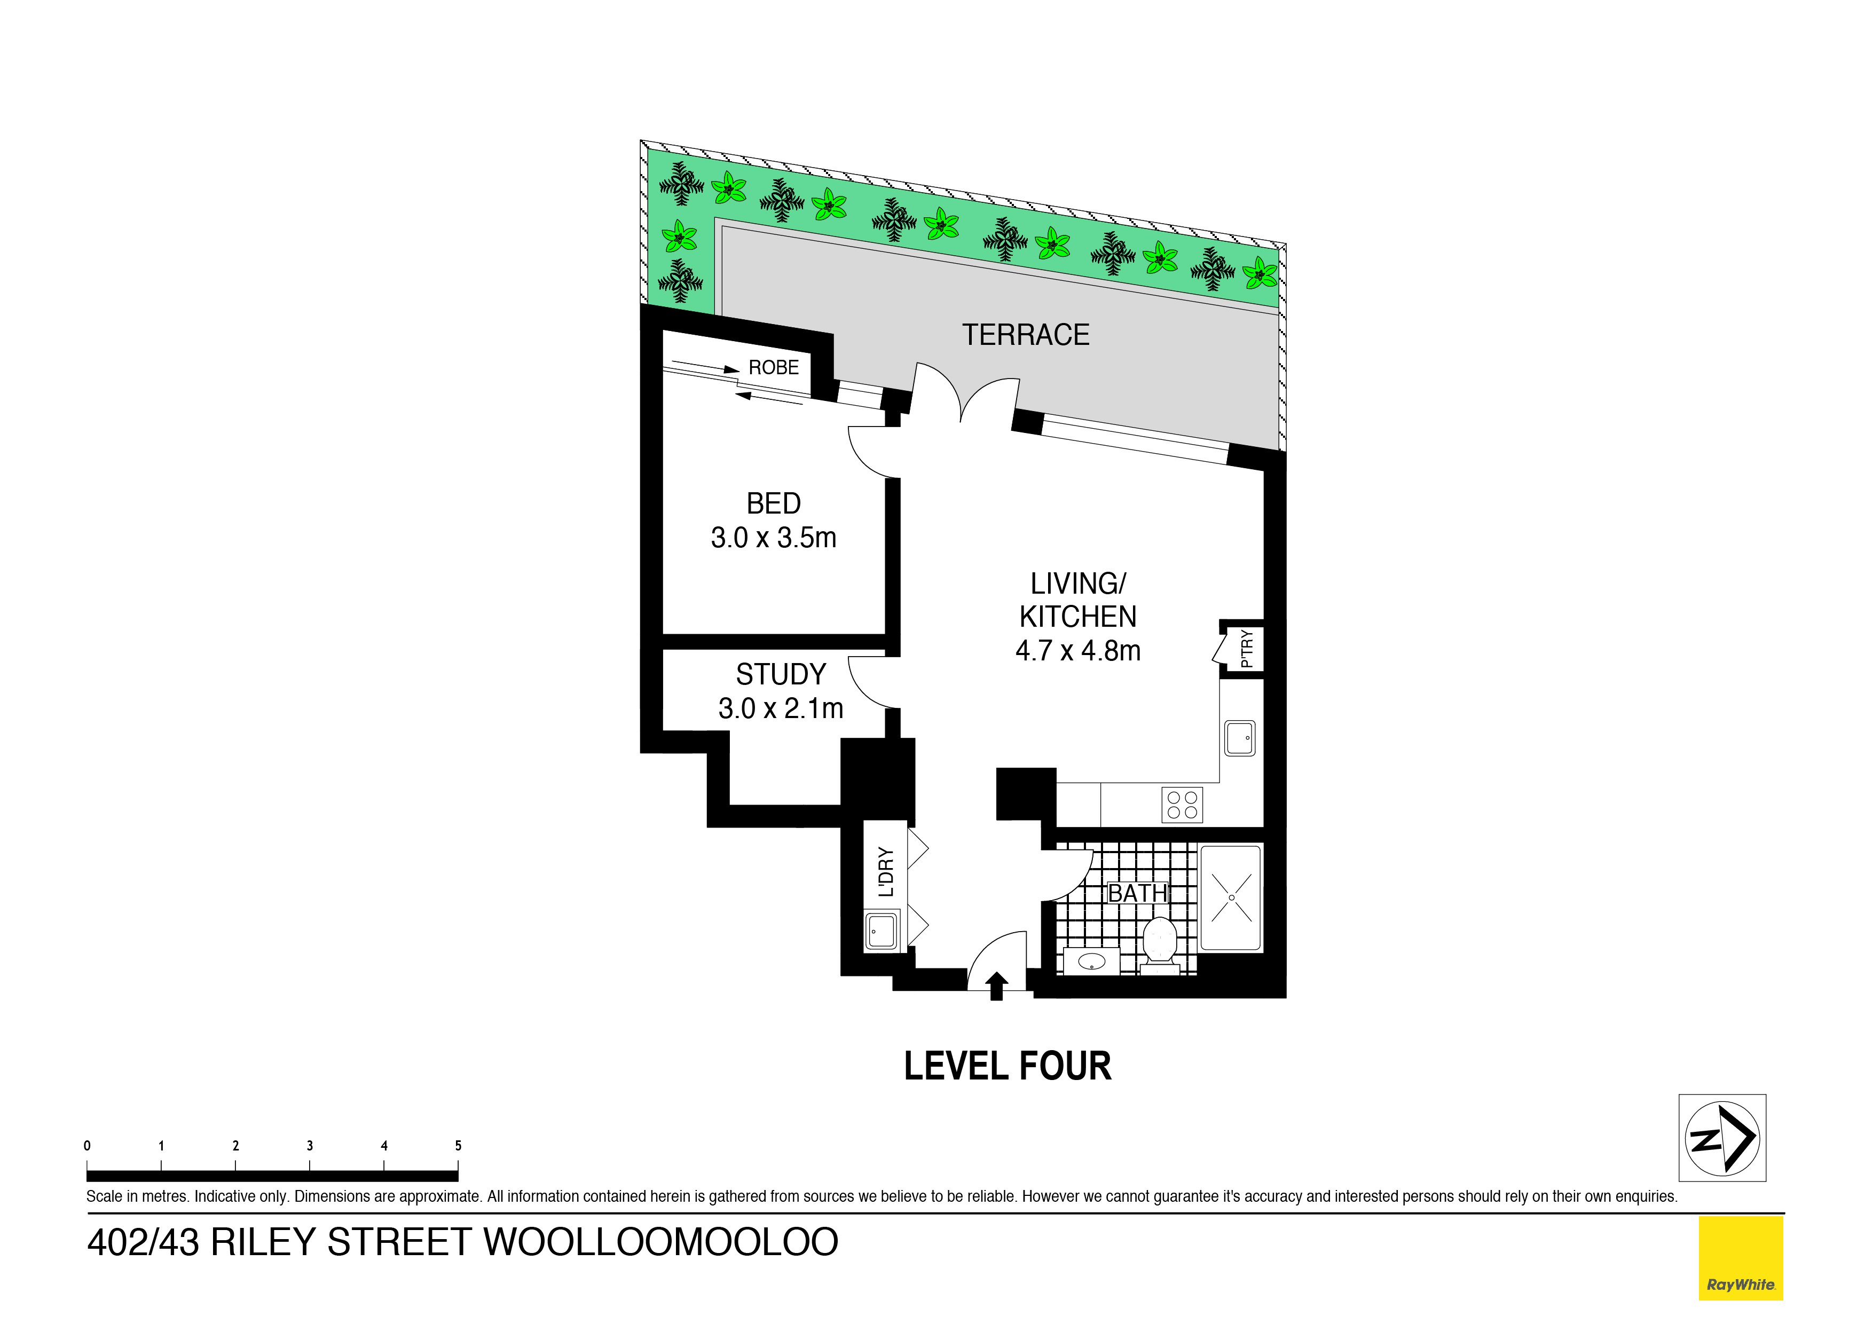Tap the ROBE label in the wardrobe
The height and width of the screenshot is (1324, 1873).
[x=773, y=368]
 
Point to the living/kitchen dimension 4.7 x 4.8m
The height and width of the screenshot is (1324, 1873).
[x=1077, y=651]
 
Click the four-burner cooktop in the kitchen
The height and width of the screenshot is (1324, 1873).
[x=1182, y=805]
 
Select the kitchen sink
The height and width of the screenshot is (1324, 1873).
[x=1240, y=738]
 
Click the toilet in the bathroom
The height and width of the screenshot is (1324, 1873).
[x=1159, y=944]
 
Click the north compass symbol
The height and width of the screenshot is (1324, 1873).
[x=1722, y=1138]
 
